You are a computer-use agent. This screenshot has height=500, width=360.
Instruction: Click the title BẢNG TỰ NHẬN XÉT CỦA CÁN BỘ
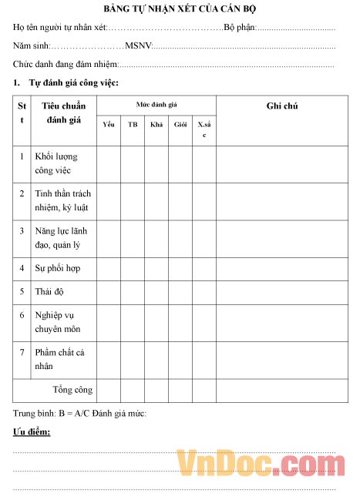coord(180,8)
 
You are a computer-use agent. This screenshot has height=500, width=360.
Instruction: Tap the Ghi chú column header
coord(281,106)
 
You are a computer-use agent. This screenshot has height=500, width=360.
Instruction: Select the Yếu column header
coord(108,124)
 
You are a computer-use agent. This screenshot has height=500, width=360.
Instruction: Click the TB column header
coord(133,124)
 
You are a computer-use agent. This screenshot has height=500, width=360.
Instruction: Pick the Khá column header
coord(156,124)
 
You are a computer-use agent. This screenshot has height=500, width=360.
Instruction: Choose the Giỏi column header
coord(180,124)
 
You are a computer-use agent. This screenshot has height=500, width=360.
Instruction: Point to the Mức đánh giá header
coord(156,102)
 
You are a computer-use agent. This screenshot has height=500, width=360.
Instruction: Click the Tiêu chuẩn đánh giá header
coord(64,112)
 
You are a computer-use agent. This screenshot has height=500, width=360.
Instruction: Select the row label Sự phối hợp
coord(58,268)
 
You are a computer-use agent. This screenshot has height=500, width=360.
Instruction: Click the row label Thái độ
coord(49,291)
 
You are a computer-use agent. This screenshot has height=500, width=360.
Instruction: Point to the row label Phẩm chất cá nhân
coord(60,359)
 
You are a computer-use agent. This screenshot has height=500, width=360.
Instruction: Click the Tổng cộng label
coord(72,390)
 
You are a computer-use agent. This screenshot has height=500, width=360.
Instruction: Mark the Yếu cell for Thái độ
coord(109,291)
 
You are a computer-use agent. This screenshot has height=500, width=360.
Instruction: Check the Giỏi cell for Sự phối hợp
coord(180,268)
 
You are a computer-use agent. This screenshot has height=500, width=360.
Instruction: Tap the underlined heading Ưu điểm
coord(32,432)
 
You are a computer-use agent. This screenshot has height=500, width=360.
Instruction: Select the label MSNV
coord(140,45)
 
